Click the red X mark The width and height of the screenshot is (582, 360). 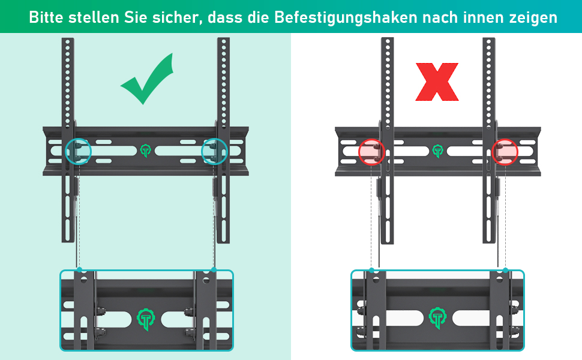pyautogui.click(x=437, y=82)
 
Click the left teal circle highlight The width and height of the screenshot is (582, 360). pyautogui.click(x=79, y=151)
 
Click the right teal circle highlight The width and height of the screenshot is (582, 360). pyautogui.click(x=215, y=151)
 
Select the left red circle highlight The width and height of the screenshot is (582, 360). pyautogui.click(x=371, y=151)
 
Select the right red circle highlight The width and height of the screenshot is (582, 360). pyautogui.click(x=505, y=151)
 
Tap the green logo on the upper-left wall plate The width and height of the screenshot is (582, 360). pyautogui.click(x=145, y=151)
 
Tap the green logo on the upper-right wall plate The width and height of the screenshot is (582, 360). pyautogui.click(x=438, y=151)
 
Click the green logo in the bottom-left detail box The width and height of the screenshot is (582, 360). pyautogui.click(x=146, y=319)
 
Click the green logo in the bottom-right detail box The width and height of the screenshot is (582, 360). pyautogui.click(x=438, y=318)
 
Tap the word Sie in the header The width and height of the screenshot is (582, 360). pyautogui.click(x=136, y=17)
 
